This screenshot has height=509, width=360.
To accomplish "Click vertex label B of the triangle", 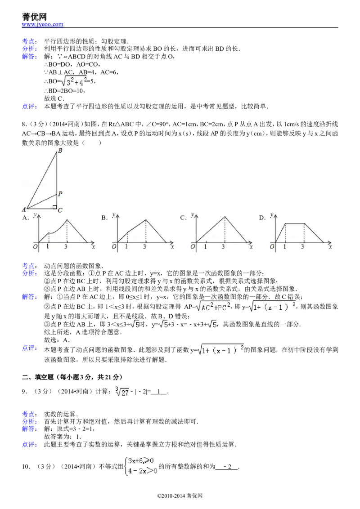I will pyautogui.click(x=60, y=151).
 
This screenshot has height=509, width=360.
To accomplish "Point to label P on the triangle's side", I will pyautogui.click(x=60, y=194).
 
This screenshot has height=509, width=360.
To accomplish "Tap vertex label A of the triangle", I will pyautogui.click(x=23, y=209).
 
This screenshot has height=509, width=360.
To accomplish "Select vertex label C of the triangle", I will pyautogui.click(x=60, y=210).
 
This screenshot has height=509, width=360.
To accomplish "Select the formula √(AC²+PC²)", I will pyautogui.click(x=213, y=306).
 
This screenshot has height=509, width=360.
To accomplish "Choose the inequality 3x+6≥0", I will pyautogui.click(x=141, y=461).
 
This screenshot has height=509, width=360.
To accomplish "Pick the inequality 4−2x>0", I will pyautogui.click(x=142, y=471).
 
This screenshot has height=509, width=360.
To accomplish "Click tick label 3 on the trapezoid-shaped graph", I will pyautogui.click(x=302, y=247).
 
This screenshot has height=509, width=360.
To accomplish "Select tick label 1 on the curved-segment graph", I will pyautogui.click(x=48, y=247).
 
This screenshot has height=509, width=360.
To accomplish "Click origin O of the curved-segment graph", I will pyautogui.click(x=35, y=247).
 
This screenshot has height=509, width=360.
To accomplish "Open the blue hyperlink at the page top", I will pyautogui.click(x=43, y=24).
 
